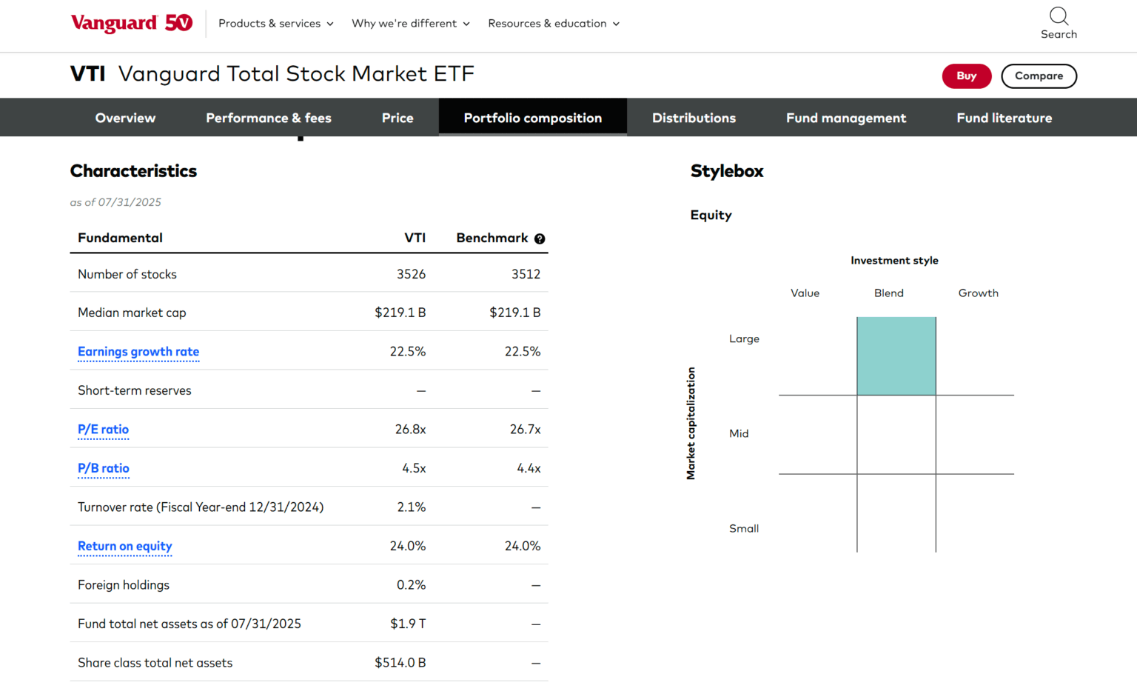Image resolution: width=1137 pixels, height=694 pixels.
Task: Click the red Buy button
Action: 966,76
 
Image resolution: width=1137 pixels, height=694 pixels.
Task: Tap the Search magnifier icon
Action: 1059,16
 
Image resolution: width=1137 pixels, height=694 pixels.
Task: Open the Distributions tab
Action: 694,118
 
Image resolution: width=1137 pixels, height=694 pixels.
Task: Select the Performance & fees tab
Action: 268,118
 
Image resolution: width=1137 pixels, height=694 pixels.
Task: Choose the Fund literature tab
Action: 1004,118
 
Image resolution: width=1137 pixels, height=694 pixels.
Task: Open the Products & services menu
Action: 275,24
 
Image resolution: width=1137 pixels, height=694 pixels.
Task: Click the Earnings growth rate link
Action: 138,352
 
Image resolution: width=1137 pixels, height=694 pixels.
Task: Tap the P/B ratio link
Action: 104,468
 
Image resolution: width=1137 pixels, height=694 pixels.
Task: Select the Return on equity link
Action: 124,547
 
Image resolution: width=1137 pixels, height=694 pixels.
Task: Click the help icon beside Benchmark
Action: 540,238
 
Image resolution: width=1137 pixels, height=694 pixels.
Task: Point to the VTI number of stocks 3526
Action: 411,274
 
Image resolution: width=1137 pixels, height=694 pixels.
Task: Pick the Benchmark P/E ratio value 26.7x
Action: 525,430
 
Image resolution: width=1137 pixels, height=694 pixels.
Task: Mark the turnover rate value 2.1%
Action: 411,507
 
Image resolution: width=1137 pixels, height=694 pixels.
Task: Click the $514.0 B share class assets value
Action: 400,663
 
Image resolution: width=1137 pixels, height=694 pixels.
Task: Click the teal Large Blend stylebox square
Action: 896,356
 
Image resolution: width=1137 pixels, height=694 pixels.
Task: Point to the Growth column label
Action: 978,293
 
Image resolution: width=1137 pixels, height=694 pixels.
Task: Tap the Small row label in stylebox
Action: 744,529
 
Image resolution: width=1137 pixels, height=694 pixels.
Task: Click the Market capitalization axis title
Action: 691,424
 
